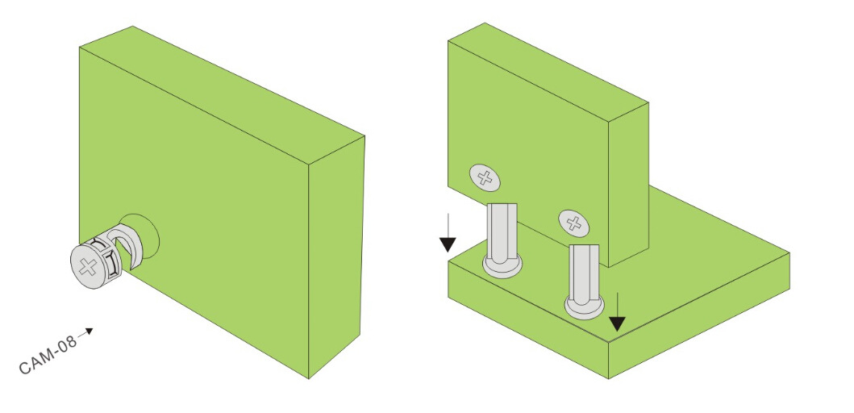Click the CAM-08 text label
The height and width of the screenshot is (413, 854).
tap(48, 357)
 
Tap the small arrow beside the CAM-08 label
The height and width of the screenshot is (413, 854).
tap(85, 332)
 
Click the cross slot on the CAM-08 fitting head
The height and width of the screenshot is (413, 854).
tap(86, 267)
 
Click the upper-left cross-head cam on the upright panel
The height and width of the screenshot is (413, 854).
tap(484, 177)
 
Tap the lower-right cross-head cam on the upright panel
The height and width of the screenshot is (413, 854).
tap(573, 223)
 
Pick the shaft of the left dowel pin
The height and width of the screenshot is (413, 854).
tap(502, 231)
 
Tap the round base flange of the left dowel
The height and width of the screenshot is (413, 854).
tap(502, 267)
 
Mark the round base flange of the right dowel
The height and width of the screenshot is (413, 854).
tap(584, 307)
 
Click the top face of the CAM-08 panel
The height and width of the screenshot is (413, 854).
tap(223, 94)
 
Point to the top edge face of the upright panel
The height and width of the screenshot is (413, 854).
tap(548, 72)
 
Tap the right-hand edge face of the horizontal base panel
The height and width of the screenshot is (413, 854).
tap(699, 315)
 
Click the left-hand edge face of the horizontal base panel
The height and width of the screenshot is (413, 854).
tap(527, 319)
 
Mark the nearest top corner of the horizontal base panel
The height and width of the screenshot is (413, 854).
tap(608, 343)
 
